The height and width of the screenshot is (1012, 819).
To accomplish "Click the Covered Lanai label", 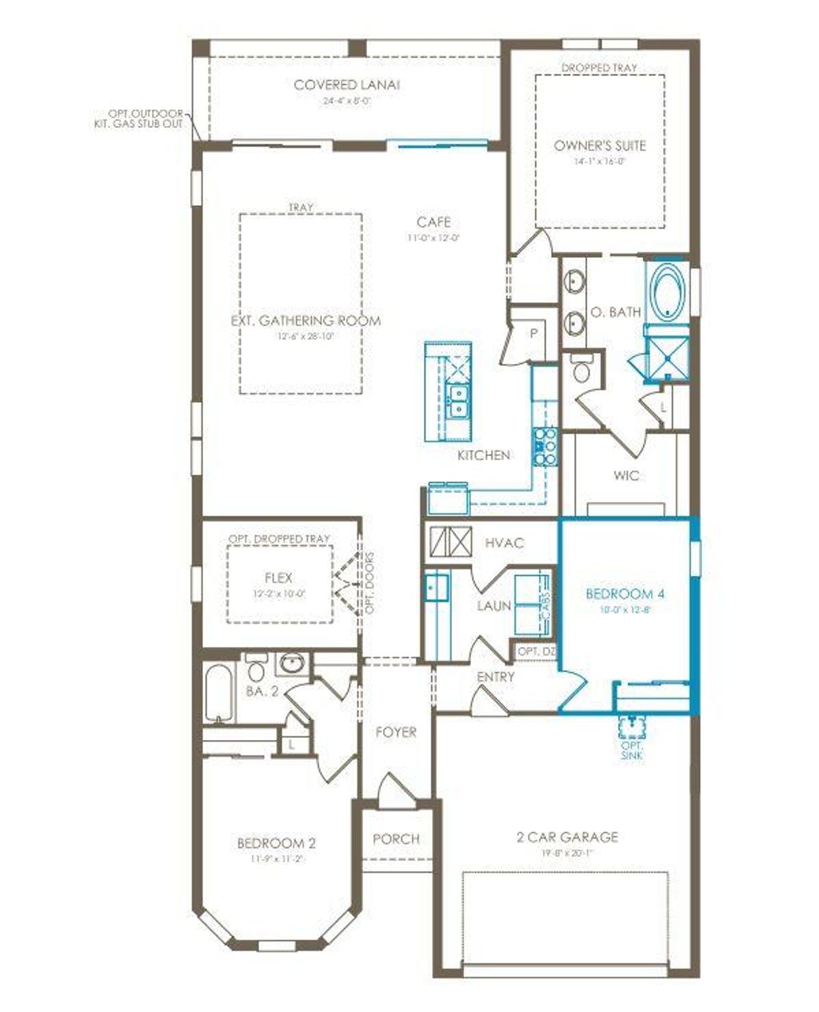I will point(346,85).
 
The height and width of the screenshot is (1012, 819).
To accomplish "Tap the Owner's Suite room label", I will point(599,146).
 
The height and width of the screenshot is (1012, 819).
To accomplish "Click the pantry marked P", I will point(533,334).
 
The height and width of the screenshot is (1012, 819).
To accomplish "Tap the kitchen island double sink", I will point(458,400).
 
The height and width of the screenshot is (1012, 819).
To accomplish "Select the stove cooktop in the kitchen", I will point(545,446).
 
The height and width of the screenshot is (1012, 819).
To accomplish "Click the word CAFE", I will point(433,222).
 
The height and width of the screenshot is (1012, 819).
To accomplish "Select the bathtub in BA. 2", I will point(218,692).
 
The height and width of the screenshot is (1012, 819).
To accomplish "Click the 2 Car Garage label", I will point(566,837).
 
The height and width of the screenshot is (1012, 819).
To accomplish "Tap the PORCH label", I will point(396,838).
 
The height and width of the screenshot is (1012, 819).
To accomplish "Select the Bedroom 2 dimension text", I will point(276,858).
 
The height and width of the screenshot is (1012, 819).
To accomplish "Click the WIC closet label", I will point(625,475).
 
